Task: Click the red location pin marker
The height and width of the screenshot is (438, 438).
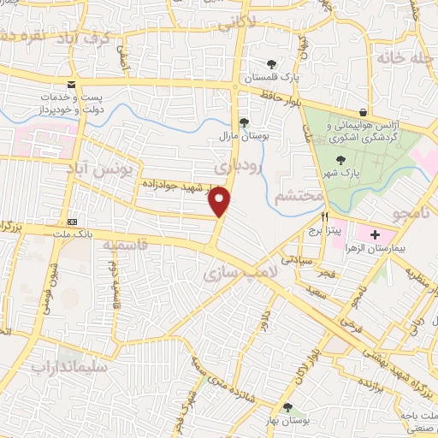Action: (221, 201)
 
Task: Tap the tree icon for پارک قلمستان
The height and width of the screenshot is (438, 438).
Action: (271, 64)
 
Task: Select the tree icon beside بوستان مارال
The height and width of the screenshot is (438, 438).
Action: (244, 122)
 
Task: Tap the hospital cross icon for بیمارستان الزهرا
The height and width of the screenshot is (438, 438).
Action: (375, 233)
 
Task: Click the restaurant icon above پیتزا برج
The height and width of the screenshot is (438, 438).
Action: (324, 217)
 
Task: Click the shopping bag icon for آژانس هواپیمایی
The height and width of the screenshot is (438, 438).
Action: (363, 112)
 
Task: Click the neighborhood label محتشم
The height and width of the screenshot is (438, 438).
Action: (299, 198)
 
